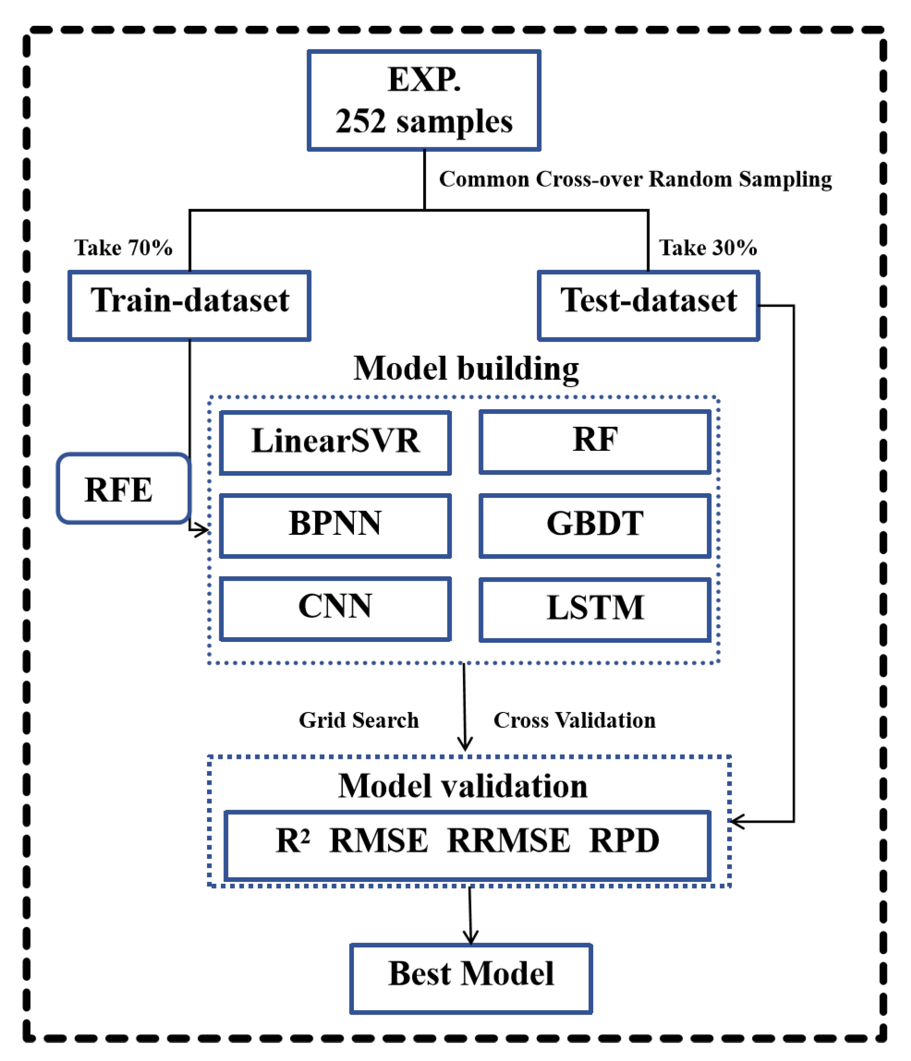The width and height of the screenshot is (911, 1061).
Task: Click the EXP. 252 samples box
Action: pos(424,100)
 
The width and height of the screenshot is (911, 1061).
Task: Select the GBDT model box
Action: pos(595,525)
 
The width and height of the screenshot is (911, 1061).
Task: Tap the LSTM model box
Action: pos(595,609)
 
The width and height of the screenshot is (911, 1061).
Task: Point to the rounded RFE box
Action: pos(123,488)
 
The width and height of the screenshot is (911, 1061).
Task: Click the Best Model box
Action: pos(471,978)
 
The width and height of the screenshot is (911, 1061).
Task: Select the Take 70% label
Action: pos(123,248)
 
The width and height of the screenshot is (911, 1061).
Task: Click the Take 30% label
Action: pos(708,248)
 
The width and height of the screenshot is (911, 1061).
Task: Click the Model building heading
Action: pos(466,369)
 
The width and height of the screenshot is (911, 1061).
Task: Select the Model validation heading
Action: pos(463,786)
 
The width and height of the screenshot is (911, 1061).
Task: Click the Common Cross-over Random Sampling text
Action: pos(635,179)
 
